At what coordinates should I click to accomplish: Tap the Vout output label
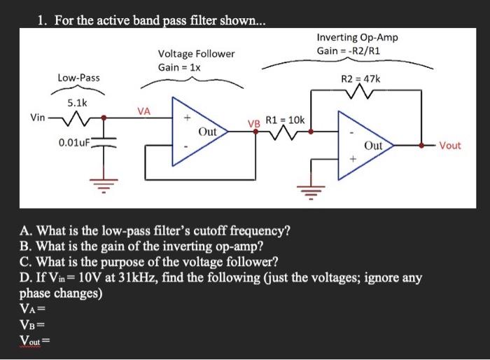[450, 145]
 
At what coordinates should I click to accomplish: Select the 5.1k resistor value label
[76, 102]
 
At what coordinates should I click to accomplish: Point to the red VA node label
[143, 110]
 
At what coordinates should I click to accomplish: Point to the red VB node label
[254, 124]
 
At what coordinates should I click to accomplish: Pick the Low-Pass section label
[78, 76]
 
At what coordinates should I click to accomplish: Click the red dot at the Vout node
[422, 146]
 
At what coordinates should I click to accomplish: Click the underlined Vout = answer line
[36, 341]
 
